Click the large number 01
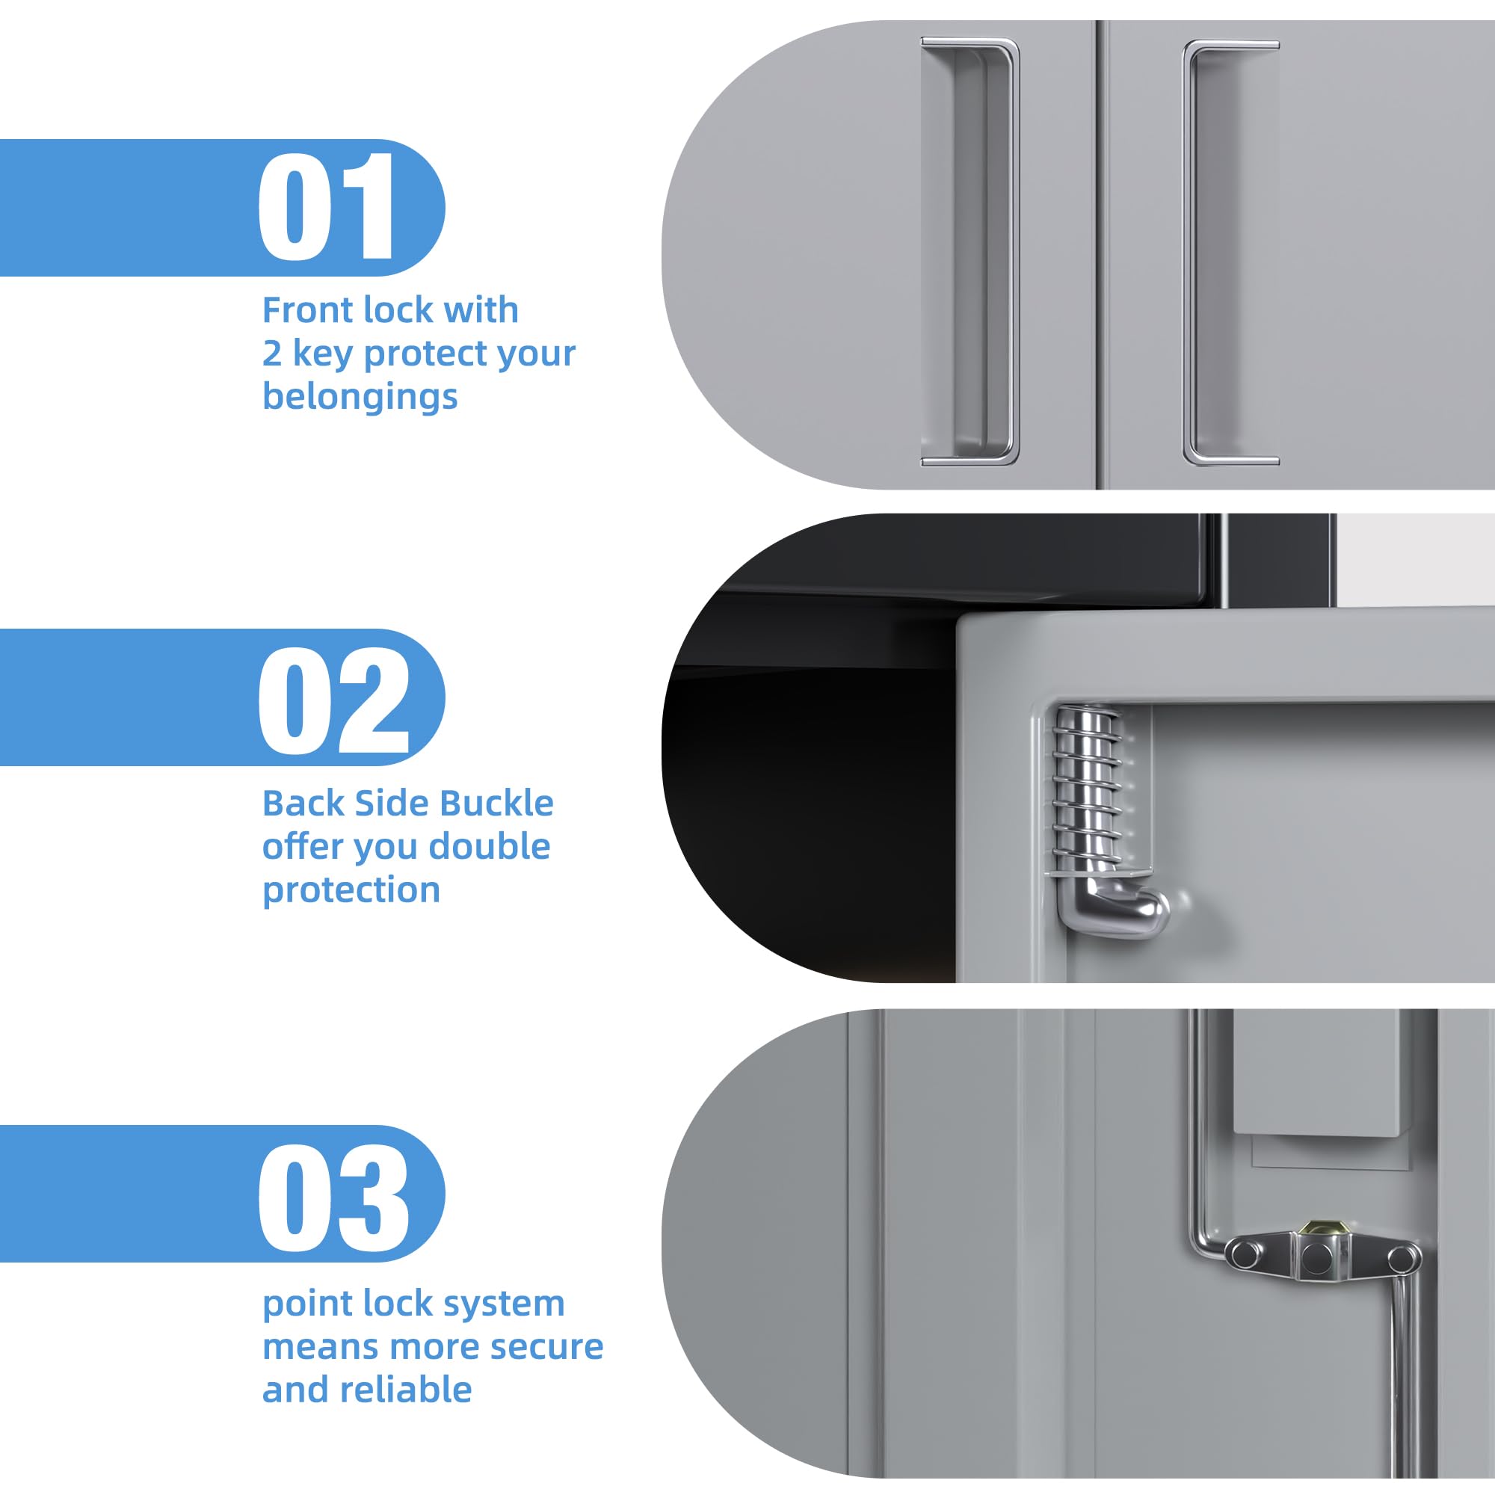point(327,206)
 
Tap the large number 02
point(333,700)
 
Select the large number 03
point(333,1197)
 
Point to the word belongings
point(360,397)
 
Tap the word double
point(489,847)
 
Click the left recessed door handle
point(970,252)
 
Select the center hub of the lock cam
point(1316,1259)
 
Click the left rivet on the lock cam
point(1245,1254)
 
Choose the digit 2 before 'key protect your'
point(271,354)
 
